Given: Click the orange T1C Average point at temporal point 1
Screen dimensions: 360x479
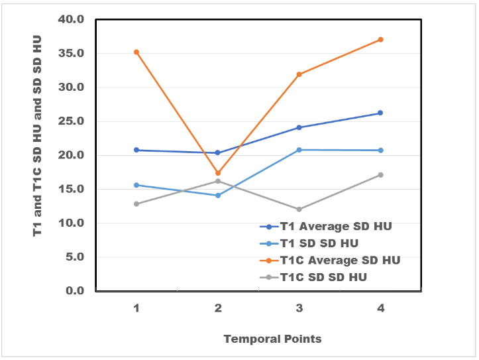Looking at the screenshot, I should point(136,52).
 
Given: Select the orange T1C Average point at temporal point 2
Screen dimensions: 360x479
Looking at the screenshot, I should point(218,173).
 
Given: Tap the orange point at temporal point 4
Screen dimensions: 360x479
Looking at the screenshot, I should point(380,40).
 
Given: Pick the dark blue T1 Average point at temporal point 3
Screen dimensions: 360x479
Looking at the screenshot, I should point(299,127).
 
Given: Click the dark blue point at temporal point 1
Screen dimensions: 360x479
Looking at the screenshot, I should point(136,150).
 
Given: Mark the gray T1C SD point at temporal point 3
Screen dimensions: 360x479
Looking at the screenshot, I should point(299,210).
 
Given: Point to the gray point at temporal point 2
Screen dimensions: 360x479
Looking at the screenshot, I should point(218,181).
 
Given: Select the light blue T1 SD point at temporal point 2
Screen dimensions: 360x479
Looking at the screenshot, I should point(218,196).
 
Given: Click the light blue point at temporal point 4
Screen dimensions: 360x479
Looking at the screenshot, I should point(380,150).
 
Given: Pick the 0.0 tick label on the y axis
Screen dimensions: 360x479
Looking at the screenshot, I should point(75,291).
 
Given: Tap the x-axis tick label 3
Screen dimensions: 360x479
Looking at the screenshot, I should point(299,308).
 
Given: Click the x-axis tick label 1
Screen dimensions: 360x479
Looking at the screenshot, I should point(136,308).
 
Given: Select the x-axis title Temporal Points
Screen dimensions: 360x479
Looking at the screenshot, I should point(272,339).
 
